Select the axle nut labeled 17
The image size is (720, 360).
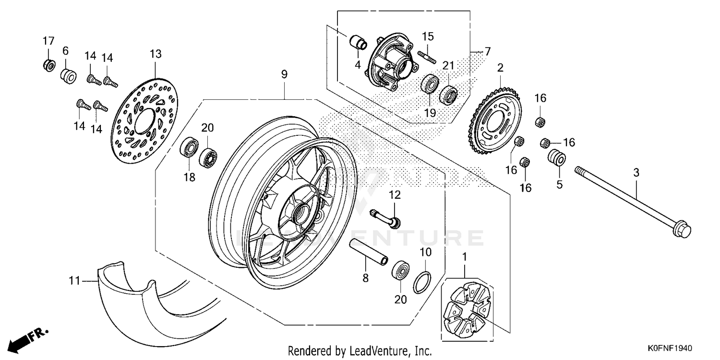[48, 64]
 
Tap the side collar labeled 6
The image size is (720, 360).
[68, 75]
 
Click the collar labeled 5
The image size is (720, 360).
[557, 157]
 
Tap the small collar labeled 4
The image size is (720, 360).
[357, 43]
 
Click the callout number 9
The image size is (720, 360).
[284, 74]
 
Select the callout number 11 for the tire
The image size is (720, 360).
[74, 281]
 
